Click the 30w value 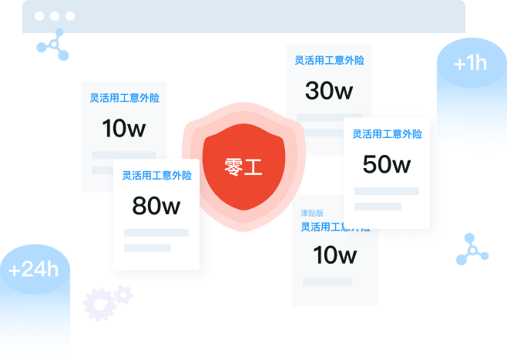click(x=329, y=91)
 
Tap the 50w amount click(x=387, y=164)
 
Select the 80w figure click(x=156, y=206)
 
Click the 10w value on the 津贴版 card click(x=335, y=254)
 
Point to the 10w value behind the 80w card click(x=123, y=129)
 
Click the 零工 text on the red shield click(x=243, y=167)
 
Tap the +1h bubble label click(x=470, y=63)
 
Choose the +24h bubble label click(x=33, y=270)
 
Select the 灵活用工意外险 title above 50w click(x=387, y=134)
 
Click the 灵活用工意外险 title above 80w click(x=156, y=176)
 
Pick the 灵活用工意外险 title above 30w click(x=329, y=60)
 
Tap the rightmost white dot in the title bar click(x=70, y=15)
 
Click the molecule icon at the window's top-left click(x=53, y=45)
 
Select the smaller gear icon click(x=123, y=294)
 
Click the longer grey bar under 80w click(x=156, y=233)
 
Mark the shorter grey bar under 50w click(x=378, y=207)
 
